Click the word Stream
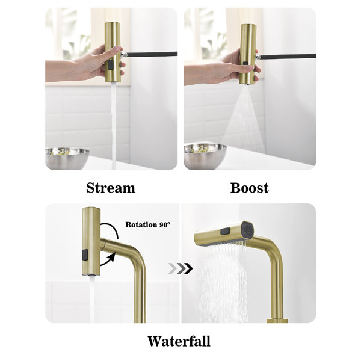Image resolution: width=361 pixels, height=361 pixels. [111, 188]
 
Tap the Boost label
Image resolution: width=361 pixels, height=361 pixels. [249, 188]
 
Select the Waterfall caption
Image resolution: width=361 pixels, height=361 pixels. [179, 341]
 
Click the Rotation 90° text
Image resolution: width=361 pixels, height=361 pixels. [147, 224]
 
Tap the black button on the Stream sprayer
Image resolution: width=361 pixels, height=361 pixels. [111, 65]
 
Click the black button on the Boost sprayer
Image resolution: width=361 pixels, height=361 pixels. [245, 63]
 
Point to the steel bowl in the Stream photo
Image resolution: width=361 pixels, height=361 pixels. [67, 158]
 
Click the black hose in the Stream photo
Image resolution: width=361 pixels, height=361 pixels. [152, 54]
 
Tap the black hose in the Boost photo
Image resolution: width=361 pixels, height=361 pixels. [288, 56]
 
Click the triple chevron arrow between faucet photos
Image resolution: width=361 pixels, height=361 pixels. [180, 268]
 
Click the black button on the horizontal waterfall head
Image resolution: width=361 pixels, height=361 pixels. [226, 231]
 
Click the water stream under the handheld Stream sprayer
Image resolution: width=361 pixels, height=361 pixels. [114, 126]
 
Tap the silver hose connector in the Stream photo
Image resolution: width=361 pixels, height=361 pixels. [123, 55]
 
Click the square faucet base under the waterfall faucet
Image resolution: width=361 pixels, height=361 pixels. [277, 321]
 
